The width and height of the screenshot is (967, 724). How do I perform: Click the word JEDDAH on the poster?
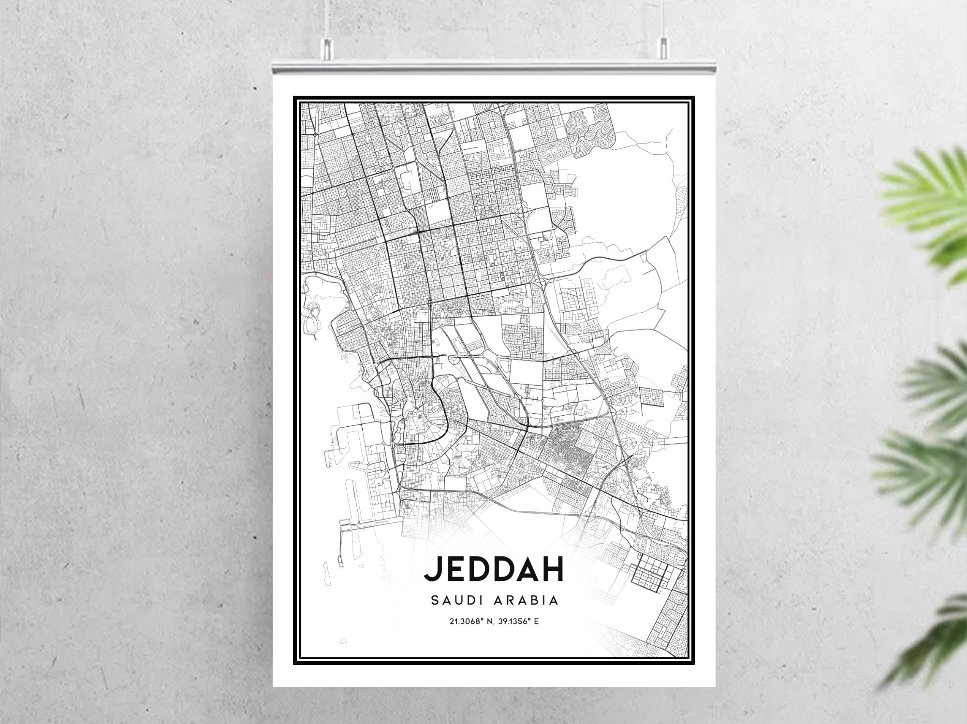494,569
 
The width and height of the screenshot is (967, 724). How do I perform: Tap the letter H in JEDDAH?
553,569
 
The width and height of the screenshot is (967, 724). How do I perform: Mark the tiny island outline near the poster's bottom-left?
344,642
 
